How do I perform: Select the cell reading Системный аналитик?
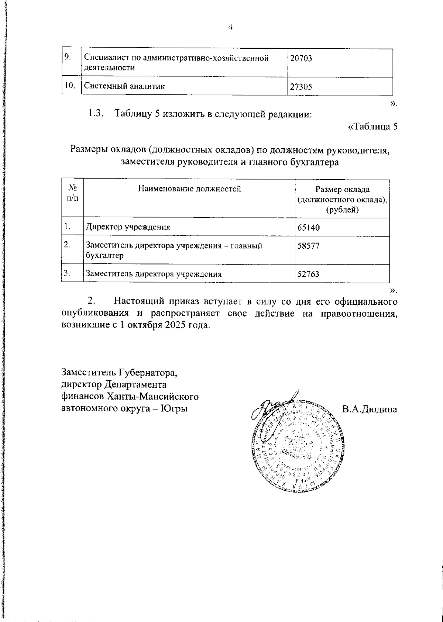[x=124, y=86]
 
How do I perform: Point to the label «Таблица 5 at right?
[x=373, y=127]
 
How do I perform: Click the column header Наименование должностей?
[x=189, y=189]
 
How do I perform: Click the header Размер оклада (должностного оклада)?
[x=342, y=200]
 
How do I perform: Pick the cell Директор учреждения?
[x=128, y=227]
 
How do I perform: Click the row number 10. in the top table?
[x=69, y=86]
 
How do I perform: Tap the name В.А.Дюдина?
[x=370, y=410]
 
